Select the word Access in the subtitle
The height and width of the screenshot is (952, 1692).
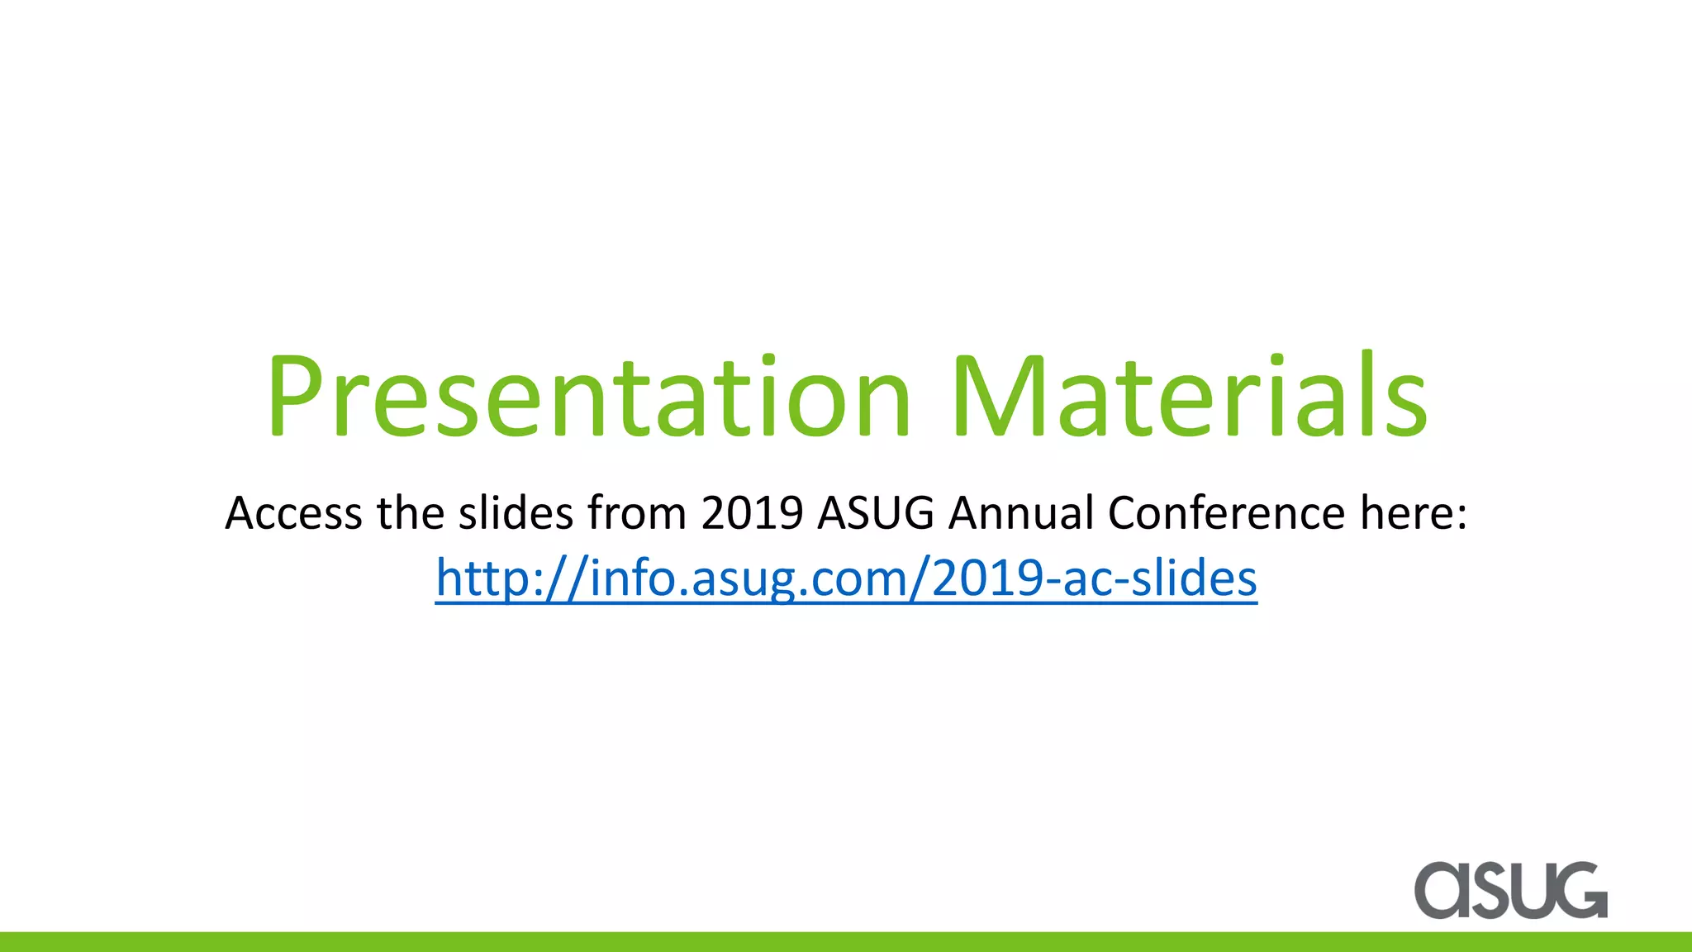click(293, 513)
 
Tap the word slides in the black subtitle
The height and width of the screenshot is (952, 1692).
click(516, 513)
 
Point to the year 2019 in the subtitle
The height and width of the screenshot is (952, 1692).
click(752, 513)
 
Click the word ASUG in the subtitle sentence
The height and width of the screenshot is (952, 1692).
click(876, 513)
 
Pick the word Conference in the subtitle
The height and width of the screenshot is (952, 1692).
click(1227, 513)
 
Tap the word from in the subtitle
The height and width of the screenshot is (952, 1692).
click(637, 513)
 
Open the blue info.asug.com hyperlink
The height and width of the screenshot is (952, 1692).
click(846, 578)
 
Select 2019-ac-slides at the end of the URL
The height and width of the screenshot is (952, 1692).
click(1095, 578)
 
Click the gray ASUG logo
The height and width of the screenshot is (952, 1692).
click(1511, 890)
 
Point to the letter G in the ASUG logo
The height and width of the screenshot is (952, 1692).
click(1580, 890)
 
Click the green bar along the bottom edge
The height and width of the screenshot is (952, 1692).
click(846, 942)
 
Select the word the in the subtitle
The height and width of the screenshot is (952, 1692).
click(411, 513)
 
